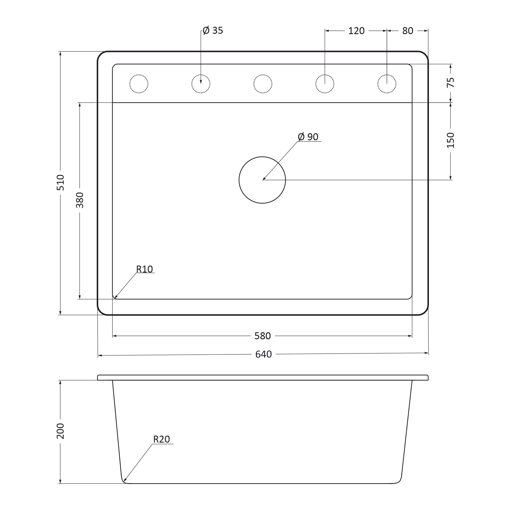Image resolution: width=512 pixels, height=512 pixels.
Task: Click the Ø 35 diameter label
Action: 213,30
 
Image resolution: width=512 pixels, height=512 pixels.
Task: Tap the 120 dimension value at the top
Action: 356,31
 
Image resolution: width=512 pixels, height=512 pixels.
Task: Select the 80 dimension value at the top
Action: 408,31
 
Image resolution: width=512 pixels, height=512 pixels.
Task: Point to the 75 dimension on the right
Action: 451,82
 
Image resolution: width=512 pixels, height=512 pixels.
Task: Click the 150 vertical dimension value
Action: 451,140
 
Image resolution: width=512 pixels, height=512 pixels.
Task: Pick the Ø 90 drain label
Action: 308,137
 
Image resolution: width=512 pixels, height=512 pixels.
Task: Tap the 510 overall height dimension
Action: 60,183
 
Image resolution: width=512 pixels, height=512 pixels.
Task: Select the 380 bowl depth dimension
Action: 80,200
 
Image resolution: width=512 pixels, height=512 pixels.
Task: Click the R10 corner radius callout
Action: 144,269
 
